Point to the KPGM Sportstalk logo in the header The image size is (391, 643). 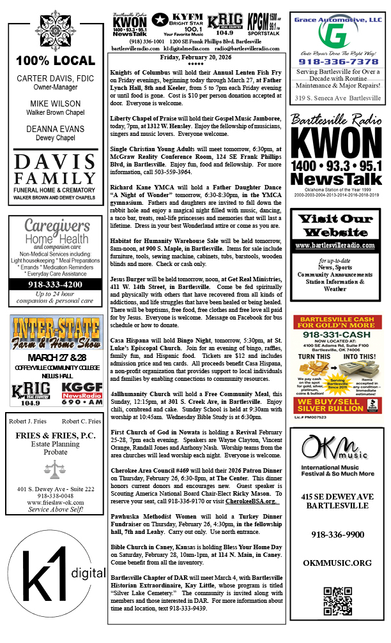point(264,25)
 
